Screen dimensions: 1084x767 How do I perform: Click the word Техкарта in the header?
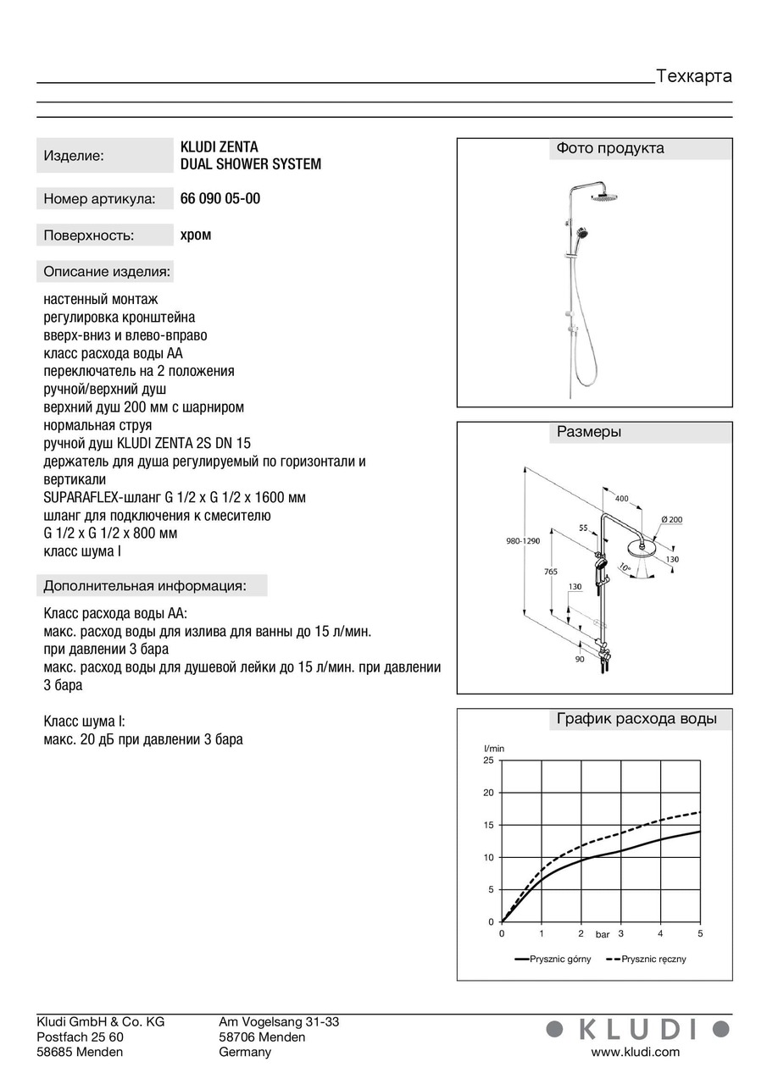[693, 76]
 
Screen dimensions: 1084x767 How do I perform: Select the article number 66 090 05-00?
[220, 199]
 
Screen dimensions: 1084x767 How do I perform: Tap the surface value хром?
[196, 235]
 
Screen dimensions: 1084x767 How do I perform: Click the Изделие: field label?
[74, 156]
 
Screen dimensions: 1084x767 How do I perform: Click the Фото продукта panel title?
[609, 149]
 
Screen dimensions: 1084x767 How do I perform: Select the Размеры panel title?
[589, 432]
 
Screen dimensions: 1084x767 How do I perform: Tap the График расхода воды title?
[636, 720]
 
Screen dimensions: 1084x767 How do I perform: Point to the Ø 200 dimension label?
[671, 519]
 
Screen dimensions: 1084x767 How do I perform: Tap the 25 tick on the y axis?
[488, 760]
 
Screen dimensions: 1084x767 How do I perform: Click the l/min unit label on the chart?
[494, 749]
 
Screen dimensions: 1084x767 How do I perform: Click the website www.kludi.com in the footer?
[635, 1052]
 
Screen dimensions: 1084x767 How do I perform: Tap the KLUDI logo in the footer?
[636, 1029]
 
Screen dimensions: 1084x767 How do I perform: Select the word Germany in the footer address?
[245, 1052]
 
